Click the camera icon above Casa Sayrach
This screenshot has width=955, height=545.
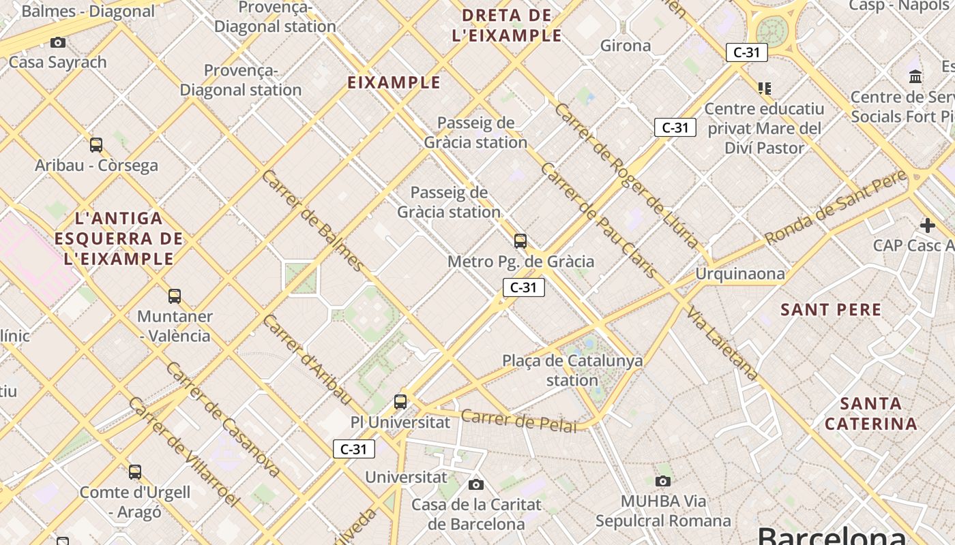point(58,42)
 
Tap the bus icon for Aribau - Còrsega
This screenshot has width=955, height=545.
point(96,144)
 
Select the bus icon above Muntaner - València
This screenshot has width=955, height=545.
point(175,296)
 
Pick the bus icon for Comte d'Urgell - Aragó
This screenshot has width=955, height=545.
point(135,471)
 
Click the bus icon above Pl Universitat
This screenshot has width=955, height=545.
point(400,401)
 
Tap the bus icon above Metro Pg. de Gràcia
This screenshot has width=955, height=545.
point(520,240)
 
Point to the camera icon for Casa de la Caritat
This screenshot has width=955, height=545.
point(476,484)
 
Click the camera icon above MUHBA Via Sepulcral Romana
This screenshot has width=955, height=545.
point(662,481)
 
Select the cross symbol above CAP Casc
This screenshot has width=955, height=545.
point(927,225)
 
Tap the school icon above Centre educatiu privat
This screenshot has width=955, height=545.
point(765,88)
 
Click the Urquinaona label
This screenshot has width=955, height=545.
point(740,274)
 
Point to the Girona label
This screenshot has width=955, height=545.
point(626,46)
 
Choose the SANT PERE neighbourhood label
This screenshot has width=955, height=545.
point(831,309)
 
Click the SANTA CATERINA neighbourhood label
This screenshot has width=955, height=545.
point(870,413)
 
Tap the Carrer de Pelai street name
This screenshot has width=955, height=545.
point(518,420)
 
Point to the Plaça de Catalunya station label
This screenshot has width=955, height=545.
point(572,370)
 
